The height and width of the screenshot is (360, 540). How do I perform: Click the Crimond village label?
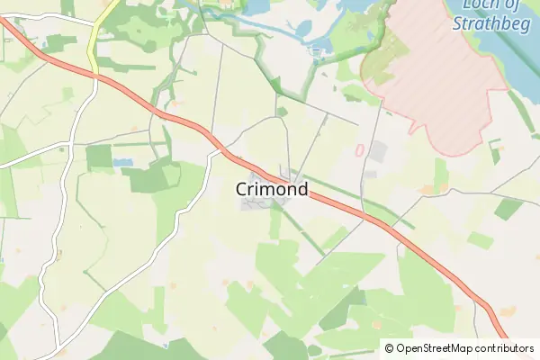272,190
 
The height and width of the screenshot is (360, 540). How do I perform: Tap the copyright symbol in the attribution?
389,348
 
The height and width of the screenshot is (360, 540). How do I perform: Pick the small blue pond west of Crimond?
122,163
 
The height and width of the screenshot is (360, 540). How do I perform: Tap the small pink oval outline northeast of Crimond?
359,150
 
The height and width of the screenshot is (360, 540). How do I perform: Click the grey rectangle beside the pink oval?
376,151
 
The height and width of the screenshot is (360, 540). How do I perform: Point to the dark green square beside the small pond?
99,157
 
